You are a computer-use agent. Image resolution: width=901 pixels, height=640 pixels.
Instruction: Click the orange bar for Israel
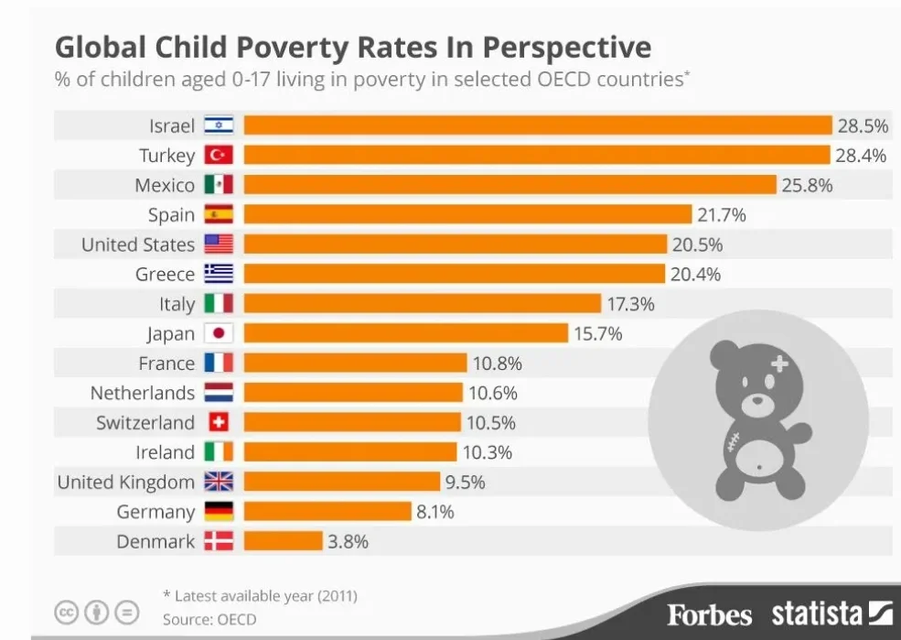(x=538, y=125)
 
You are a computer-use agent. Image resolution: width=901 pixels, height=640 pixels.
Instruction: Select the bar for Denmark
(x=284, y=541)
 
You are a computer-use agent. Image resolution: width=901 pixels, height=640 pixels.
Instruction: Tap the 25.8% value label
(x=807, y=185)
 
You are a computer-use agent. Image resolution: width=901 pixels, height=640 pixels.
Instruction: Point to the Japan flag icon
(x=219, y=333)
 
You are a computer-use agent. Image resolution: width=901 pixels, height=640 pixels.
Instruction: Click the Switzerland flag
(x=219, y=422)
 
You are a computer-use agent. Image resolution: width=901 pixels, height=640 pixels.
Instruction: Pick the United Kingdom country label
(x=125, y=482)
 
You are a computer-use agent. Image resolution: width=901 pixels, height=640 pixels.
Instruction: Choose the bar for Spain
(x=467, y=214)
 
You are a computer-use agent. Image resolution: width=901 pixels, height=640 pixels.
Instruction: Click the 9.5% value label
(x=466, y=482)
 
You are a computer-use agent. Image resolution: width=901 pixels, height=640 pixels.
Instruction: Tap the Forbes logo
(x=709, y=614)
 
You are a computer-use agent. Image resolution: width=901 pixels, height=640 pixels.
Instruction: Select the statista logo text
(x=816, y=613)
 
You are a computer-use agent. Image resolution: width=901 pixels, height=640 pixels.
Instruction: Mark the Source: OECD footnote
(x=209, y=619)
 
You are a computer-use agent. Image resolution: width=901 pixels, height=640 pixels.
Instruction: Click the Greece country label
(x=165, y=274)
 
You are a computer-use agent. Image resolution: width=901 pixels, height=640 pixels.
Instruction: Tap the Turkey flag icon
(x=219, y=155)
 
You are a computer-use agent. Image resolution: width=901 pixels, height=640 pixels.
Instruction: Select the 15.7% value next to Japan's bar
(x=597, y=333)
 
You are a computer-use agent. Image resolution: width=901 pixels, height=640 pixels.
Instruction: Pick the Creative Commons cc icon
(x=67, y=612)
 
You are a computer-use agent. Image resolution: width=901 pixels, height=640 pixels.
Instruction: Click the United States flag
(x=219, y=244)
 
